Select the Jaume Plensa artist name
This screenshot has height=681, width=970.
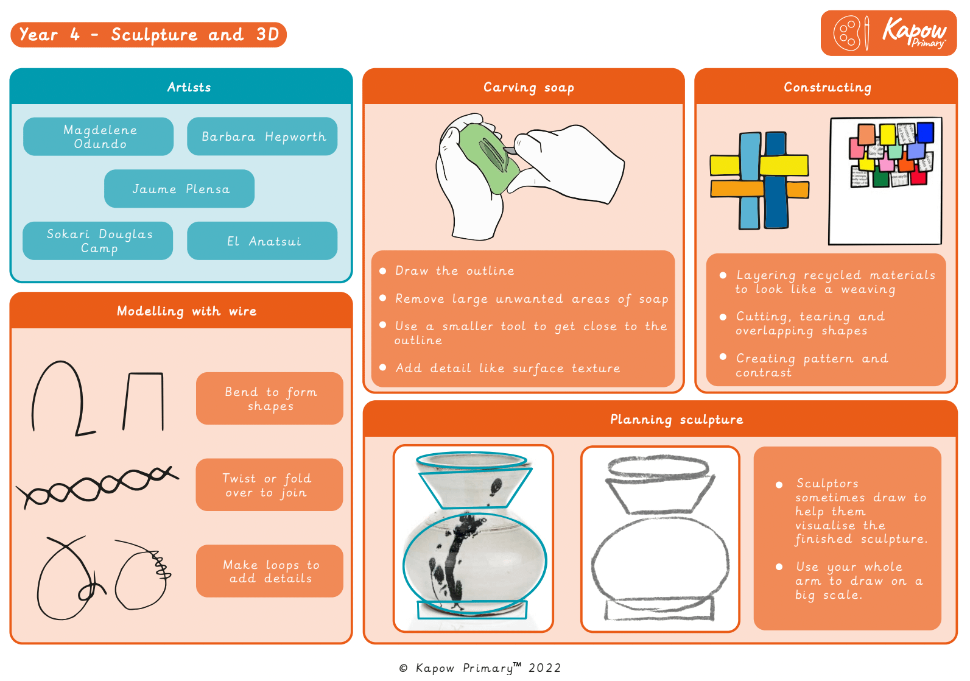(180, 189)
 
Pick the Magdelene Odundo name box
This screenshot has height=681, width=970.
(99, 136)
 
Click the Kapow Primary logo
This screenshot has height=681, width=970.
(888, 33)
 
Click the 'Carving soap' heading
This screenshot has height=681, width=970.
(529, 87)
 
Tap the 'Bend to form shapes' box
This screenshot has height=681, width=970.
(270, 398)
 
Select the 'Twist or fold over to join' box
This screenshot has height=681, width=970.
(269, 485)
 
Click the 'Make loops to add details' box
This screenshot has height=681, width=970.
(270, 571)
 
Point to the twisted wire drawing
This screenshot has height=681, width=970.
(97, 486)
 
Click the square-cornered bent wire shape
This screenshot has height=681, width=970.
(145, 401)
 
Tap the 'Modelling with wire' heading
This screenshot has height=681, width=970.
(186, 311)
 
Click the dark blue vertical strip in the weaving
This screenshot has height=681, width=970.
(776, 183)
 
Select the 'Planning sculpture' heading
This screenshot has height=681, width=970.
(677, 419)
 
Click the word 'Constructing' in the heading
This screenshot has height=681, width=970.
(827, 87)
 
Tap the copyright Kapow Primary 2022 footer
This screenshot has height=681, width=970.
(480, 668)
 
